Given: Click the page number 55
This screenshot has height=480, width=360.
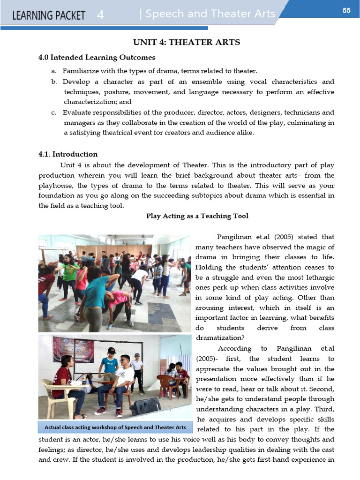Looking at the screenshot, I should pos(346,10).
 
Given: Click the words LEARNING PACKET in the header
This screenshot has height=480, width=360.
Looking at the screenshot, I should pos(49,15).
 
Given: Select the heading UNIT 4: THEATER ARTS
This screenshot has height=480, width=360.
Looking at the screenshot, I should pos(187,43).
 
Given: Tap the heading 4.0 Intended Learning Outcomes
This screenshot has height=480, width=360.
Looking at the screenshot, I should pos(97,58).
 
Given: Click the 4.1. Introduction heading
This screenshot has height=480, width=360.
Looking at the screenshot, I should pos(68,154).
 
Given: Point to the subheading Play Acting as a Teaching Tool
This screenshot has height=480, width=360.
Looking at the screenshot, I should pos(197,216).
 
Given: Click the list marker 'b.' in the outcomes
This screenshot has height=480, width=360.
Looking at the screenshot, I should pos(54,82).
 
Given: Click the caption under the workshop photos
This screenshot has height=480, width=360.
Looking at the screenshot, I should pos(115,427).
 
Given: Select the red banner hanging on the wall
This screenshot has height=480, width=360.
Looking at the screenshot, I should pos(73,349).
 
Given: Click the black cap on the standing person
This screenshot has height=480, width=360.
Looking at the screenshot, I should pos(111,350).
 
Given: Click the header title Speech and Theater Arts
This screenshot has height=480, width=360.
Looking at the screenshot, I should pos(210,14).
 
